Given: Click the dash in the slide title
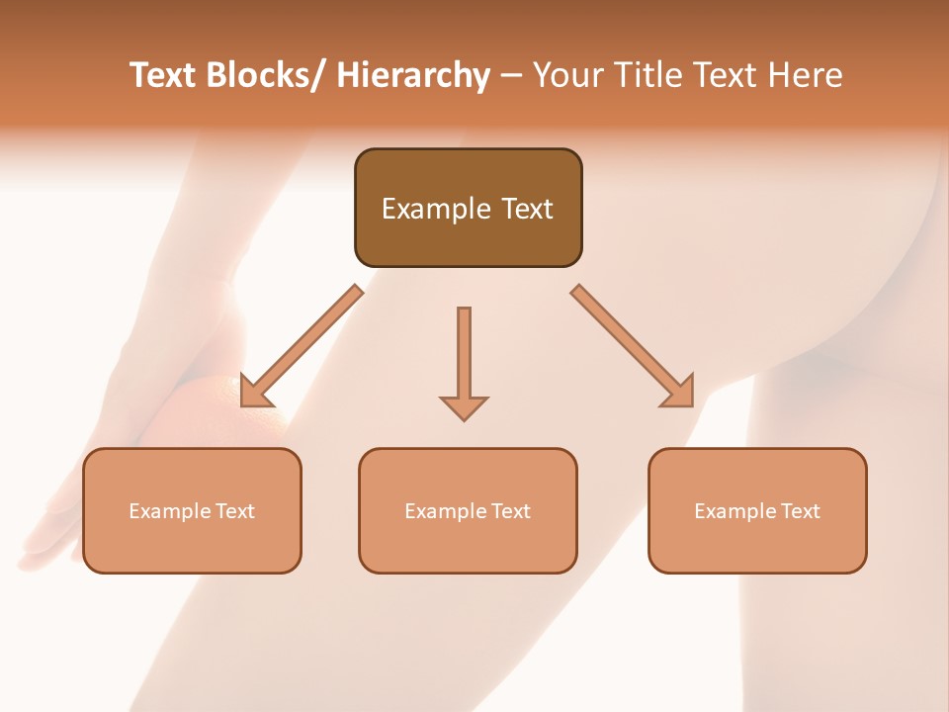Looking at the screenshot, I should coord(510,76).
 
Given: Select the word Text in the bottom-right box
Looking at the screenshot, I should coord(800,511).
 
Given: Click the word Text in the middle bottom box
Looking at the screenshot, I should coord(510,511).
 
